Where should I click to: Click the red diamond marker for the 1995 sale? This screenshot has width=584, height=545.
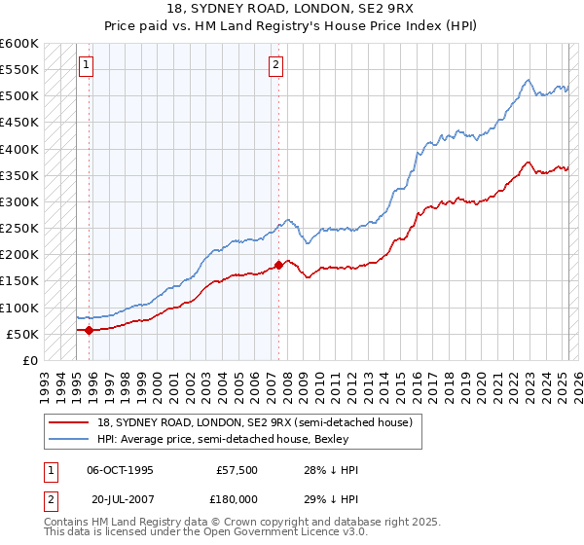89,330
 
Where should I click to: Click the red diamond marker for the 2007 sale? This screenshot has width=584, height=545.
279,265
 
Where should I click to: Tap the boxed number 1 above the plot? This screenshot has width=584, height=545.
86,65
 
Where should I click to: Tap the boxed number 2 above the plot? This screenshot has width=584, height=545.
276,65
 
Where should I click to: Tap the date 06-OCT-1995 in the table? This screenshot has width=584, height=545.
120,470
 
